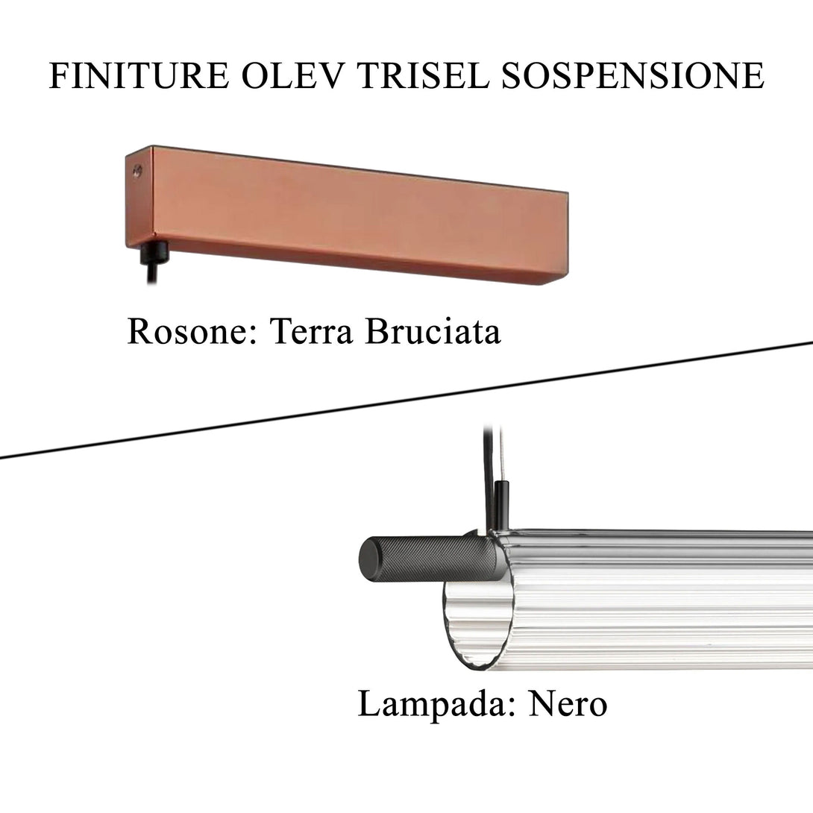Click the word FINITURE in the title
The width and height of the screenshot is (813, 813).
click(x=139, y=75)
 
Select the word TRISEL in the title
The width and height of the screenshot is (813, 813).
click(x=423, y=75)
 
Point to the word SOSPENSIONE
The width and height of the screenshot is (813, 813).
click(x=632, y=75)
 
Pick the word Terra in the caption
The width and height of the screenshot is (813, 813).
click(x=311, y=331)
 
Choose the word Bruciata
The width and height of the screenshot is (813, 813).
click(x=433, y=331)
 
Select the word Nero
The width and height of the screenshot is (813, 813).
click(x=568, y=704)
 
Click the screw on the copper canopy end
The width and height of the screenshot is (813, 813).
click(x=137, y=169)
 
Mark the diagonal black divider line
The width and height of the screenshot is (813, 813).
click(x=406, y=400)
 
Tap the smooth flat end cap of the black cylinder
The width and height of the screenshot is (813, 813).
click(x=368, y=559)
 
